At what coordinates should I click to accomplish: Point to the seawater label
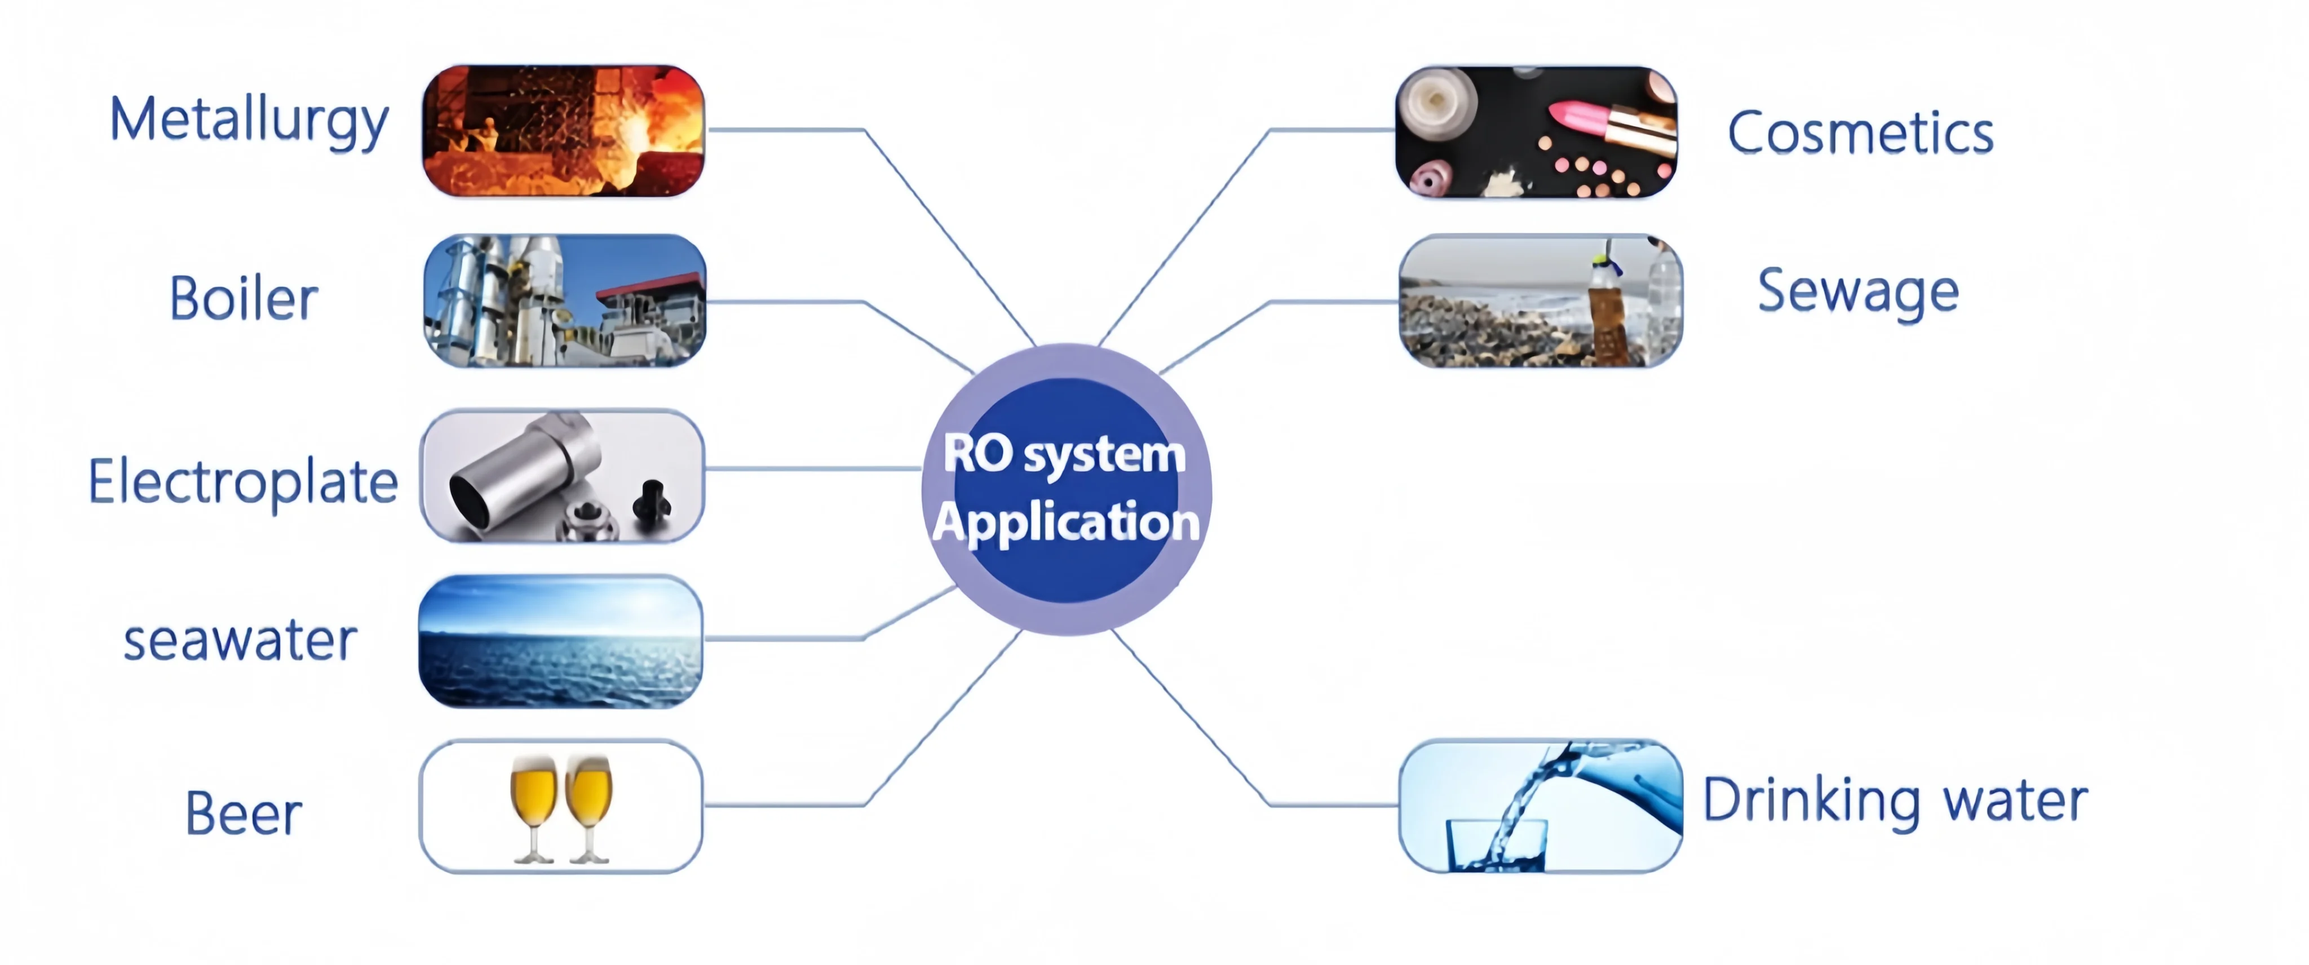pyautogui.click(x=240, y=641)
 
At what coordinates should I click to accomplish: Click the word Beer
pyautogui.click(x=244, y=813)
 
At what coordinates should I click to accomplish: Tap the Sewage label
pyautogui.click(x=1858, y=292)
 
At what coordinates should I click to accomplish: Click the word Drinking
pyautogui.click(x=1811, y=800)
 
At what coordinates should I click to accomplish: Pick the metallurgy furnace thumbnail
pyautogui.click(x=563, y=131)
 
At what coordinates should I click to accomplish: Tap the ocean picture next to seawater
pyautogui.click(x=561, y=641)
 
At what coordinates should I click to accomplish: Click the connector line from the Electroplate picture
pyautogui.click(x=811, y=468)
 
